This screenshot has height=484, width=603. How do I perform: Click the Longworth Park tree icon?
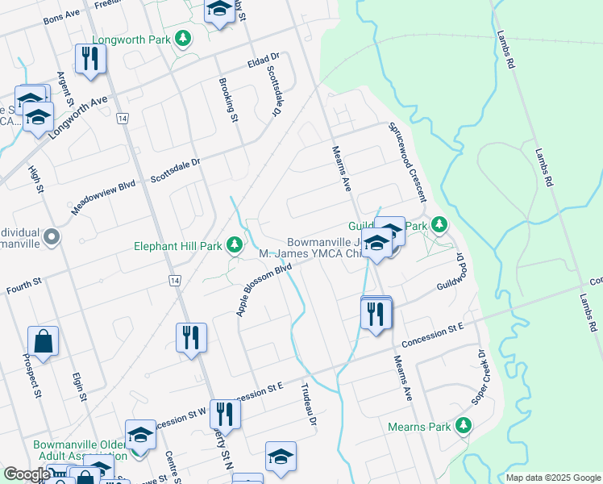[x=184, y=39]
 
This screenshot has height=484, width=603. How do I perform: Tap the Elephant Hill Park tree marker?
[x=235, y=244]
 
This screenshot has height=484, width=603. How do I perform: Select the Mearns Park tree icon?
[x=463, y=425]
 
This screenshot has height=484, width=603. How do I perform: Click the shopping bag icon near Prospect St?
[x=43, y=341]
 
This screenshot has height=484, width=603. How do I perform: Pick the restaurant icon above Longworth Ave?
[x=89, y=58]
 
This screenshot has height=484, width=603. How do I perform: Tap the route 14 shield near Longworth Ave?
[x=121, y=119]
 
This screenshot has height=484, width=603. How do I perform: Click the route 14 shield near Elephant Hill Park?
[x=174, y=279]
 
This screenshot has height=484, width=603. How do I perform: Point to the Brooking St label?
[x=228, y=100]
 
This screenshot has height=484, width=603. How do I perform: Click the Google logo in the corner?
[x=27, y=474]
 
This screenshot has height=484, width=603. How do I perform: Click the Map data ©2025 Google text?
[x=552, y=478]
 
